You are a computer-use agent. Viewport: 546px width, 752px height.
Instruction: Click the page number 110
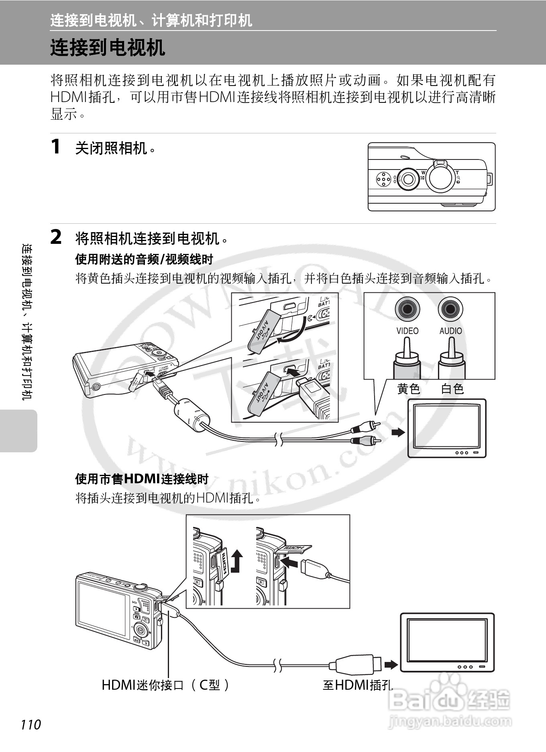pos(31,724)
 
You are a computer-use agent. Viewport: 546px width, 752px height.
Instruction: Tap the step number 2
pos(56,237)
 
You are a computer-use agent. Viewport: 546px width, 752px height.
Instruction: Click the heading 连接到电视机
pos(108,47)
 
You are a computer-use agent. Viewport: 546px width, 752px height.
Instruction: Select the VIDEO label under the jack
pos(407,331)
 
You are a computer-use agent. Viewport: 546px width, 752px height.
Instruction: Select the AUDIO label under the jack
pos(450,331)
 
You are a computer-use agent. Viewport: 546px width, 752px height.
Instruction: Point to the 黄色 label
pos(408,388)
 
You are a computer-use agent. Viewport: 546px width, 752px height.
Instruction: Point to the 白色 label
pos(452,388)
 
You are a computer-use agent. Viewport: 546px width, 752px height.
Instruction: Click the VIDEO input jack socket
pos(407,309)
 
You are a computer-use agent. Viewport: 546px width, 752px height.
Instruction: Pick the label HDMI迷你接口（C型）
pos(165,685)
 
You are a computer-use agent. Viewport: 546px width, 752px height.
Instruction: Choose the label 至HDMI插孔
pos(357,685)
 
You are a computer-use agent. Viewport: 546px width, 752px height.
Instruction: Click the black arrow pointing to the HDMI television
pos(391,665)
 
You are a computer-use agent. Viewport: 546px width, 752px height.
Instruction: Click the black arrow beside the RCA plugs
pos(398,432)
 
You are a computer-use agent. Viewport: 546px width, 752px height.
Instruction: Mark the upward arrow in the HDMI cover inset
pos(236,561)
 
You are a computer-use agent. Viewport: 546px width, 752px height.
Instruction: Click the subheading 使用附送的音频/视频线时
pos(144,260)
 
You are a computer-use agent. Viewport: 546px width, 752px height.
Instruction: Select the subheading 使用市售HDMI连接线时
pos(142,479)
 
